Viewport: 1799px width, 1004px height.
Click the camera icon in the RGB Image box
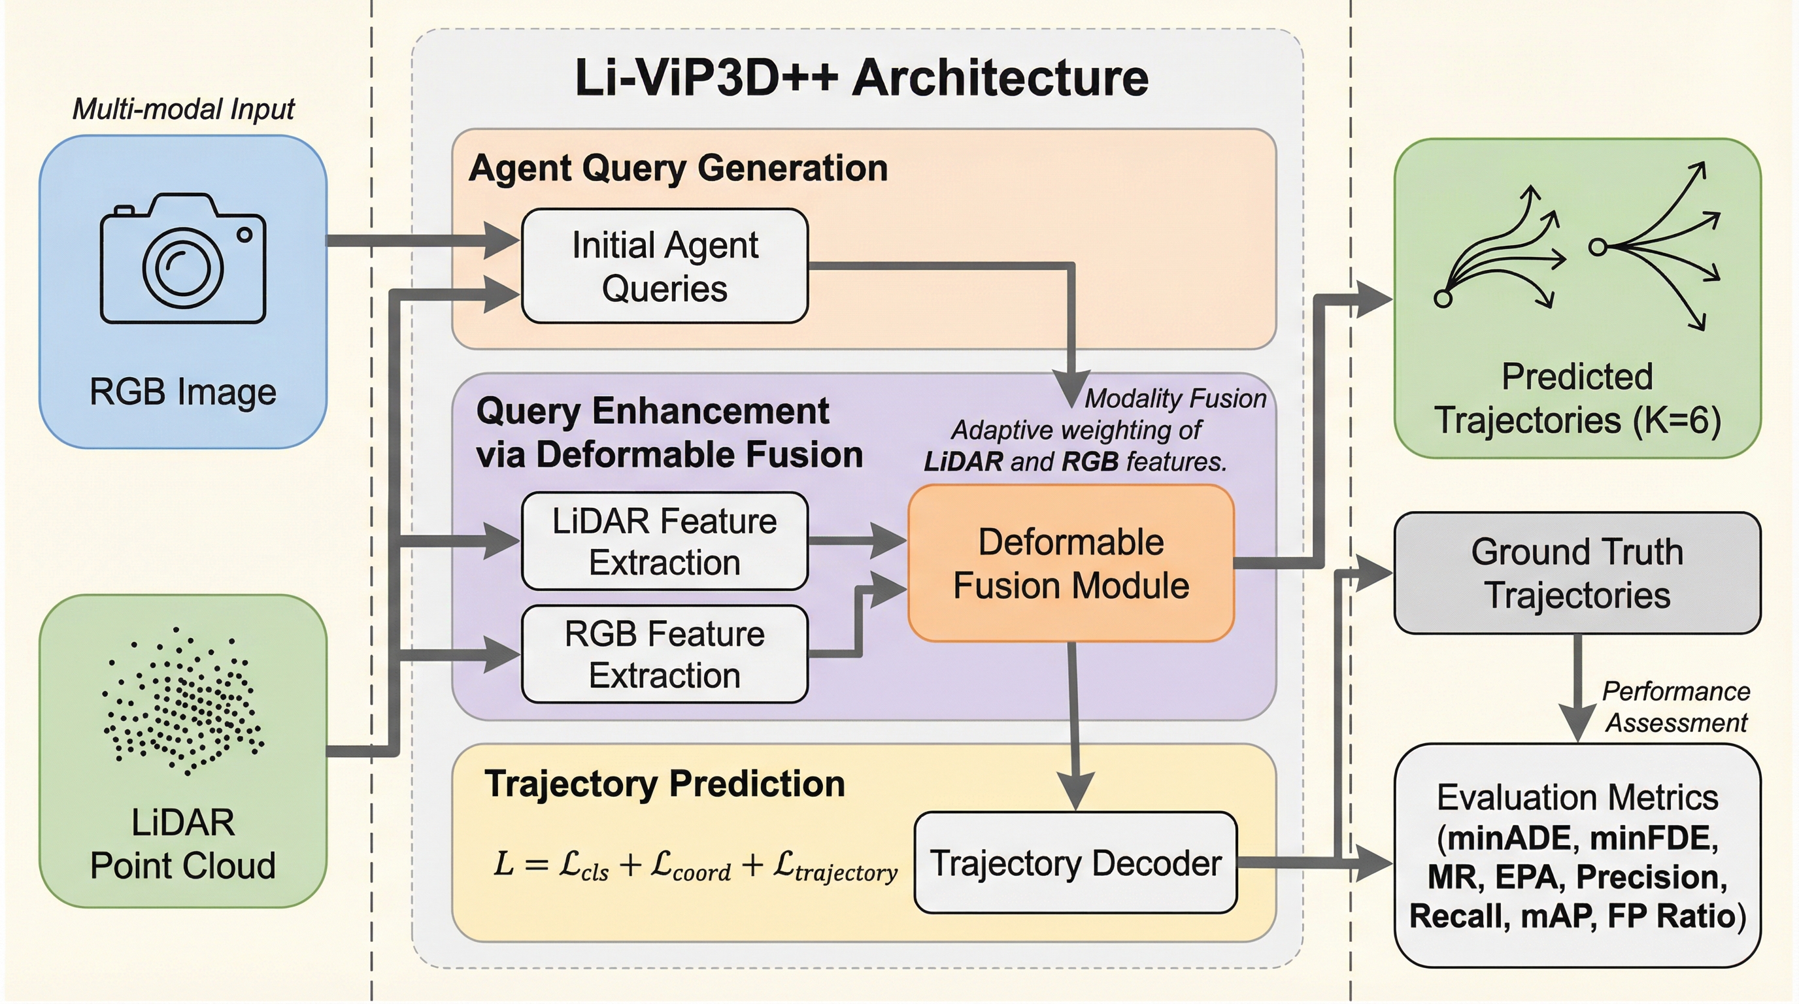coord(183,259)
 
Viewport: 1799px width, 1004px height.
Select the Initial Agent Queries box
coord(664,266)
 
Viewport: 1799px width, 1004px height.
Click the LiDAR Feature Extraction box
coord(664,541)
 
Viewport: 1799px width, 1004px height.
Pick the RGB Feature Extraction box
coord(664,654)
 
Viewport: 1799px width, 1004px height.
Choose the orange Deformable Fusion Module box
coord(1071,563)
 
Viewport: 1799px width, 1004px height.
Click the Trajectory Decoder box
coord(1075,863)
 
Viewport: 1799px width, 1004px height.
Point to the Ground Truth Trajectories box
coord(1577,573)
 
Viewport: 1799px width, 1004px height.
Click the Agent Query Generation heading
coord(677,168)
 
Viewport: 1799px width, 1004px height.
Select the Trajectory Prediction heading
coord(664,783)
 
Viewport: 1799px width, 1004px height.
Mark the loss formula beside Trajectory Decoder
coord(695,866)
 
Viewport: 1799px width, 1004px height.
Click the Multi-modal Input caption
coord(183,110)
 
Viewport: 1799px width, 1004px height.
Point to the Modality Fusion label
coord(1175,399)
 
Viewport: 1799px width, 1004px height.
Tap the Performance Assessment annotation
coord(1675,707)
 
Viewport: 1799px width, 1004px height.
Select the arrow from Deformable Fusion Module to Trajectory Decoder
coord(1074,726)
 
